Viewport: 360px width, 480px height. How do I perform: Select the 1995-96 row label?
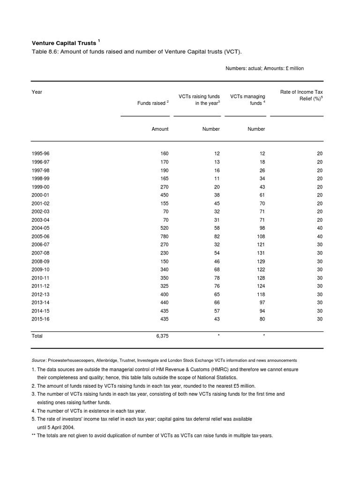tap(40, 154)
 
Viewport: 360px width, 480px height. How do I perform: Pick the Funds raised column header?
tap(151, 103)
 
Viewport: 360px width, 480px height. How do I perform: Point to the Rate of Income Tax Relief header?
tap(301, 96)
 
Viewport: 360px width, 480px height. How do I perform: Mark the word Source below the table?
tap(38, 360)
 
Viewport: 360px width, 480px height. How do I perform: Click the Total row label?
tap(37, 336)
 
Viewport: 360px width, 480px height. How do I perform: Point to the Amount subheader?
tap(160, 129)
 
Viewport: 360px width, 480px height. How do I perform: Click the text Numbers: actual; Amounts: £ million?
tap(264, 68)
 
